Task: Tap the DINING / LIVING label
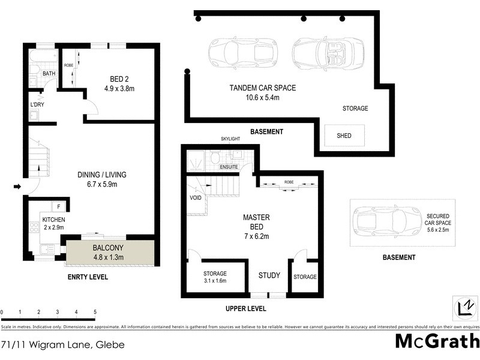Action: (x=101, y=175)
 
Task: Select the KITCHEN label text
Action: (x=53, y=220)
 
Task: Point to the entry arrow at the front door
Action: (x=18, y=187)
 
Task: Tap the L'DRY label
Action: (x=37, y=105)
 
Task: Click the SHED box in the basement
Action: (x=344, y=136)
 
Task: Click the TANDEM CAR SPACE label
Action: (x=262, y=88)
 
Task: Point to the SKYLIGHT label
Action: (x=231, y=139)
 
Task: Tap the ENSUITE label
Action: (x=229, y=167)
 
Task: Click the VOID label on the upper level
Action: (x=195, y=197)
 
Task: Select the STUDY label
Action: (x=269, y=275)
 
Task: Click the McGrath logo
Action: (x=437, y=341)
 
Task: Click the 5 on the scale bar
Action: (x=95, y=313)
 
